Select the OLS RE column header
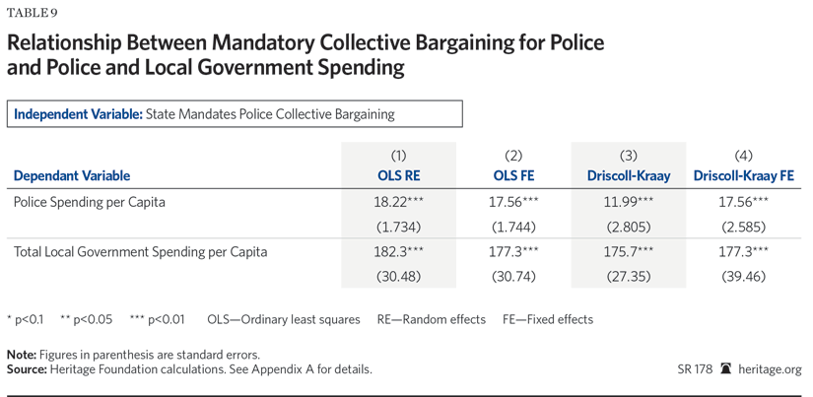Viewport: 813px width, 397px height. point(398,176)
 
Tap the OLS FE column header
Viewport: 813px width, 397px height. point(513,176)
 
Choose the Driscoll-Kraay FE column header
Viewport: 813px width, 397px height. point(744,176)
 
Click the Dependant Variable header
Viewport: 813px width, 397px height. point(72,176)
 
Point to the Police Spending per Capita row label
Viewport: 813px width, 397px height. point(90,202)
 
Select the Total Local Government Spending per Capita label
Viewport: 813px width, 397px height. point(141,252)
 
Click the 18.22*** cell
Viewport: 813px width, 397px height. point(398,202)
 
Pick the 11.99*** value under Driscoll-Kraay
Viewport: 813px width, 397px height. point(629,202)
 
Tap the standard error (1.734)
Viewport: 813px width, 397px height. point(398,227)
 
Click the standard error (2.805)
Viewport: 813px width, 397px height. point(629,227)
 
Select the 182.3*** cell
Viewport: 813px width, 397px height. point(398,252)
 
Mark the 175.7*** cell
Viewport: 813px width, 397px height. point(629,252)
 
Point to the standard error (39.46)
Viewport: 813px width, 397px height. point(744,277)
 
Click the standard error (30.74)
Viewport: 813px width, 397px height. point(513,277)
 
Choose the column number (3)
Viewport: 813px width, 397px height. point(629,156)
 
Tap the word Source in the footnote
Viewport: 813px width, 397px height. point(27,369)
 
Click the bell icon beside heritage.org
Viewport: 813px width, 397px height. point(726,369)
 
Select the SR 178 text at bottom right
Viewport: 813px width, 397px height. point(695,369)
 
